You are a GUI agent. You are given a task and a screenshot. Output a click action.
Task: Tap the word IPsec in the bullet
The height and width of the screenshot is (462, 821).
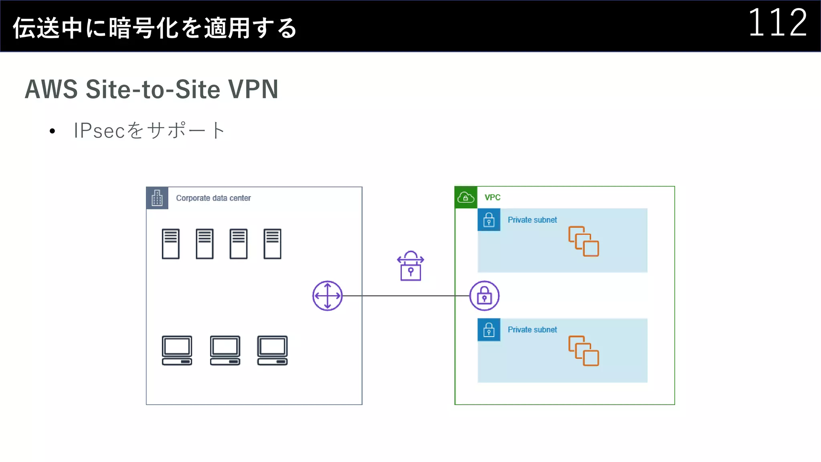[x=99, y=130]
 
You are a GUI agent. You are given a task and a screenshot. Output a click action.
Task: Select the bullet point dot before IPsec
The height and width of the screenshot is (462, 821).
[x=52, y=131]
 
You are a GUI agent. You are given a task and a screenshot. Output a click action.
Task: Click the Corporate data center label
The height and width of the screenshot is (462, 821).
[x=213, y=198]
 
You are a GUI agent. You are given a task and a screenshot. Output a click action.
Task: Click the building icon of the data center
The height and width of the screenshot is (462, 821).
[x=157, y=198]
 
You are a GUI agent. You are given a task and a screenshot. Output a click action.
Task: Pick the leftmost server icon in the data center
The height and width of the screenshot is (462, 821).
[x=170, y=244]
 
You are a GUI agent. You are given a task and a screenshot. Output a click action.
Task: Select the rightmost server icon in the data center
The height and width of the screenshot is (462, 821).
[x=272, y=244]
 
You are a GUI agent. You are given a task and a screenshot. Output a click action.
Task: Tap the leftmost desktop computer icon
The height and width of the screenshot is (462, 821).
[x=177, y=351]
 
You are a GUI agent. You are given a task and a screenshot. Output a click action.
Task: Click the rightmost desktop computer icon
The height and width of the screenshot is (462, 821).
[x=272, y=351]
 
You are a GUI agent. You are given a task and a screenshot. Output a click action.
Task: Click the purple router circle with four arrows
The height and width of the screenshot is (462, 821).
[x=327, y=296]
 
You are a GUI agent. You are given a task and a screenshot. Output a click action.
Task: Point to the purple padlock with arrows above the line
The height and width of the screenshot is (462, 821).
[x=410, y=266]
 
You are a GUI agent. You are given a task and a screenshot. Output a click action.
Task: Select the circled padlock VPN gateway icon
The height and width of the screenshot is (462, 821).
[x=484, y=296]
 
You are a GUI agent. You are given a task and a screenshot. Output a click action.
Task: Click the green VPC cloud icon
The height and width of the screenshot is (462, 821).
[x=466, y=197]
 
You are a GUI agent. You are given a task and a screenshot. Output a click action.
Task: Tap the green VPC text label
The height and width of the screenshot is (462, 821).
[x=492, y=197]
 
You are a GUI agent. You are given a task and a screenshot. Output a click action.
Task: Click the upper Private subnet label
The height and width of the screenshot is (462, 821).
[x=532, y=220]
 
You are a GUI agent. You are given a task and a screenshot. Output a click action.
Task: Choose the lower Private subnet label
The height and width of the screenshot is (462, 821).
[x=532, y=330]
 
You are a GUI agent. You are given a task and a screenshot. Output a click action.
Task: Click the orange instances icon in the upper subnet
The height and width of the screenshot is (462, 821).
[x=583, y=241]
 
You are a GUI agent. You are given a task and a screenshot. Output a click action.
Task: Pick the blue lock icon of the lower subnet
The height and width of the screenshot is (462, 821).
[x=489, y=330]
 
